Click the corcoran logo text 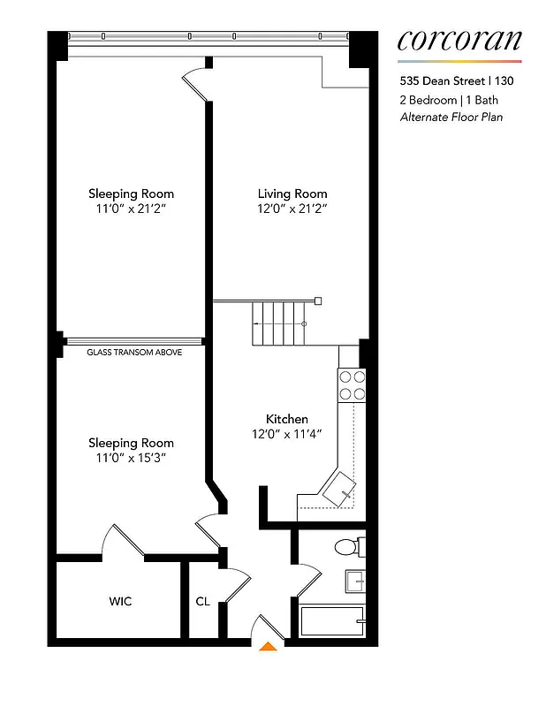[x=459, y=40]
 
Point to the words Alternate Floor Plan [x=451, y=117]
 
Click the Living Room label [x=292, y=194]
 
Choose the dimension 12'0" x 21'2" [x=292, y=209]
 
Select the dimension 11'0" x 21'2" [x=131, y=209]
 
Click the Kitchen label [x=287, y=419]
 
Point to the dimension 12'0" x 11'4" [x=287, y=434]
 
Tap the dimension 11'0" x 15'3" [x=131, y=459]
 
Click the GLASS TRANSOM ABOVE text [x=134, y=352]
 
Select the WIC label [x=120, y=602]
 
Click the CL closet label [x=202, y=602]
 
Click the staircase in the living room [x=277, y=324]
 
